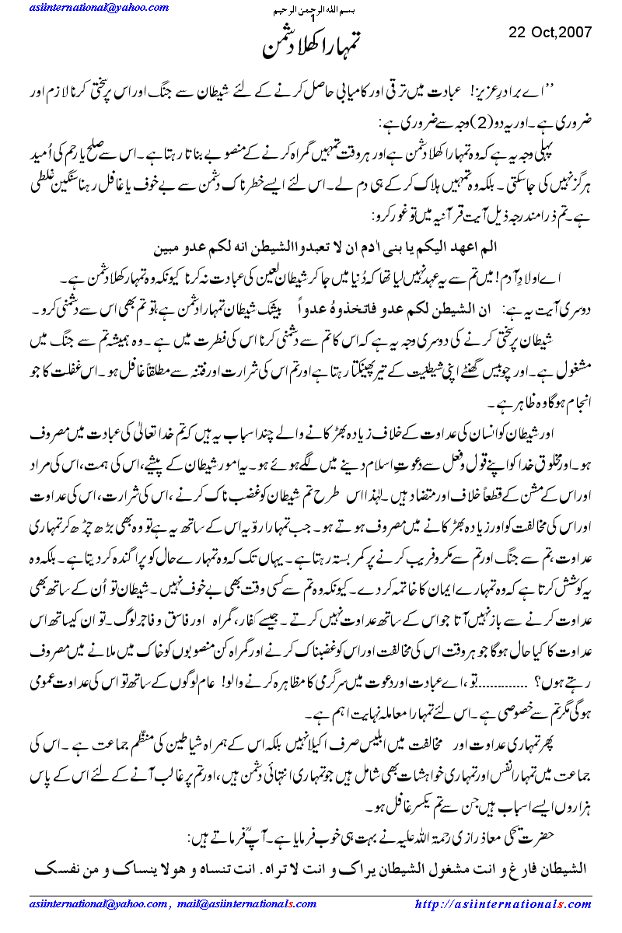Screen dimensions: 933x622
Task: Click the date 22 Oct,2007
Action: click(x=550, y=32)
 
